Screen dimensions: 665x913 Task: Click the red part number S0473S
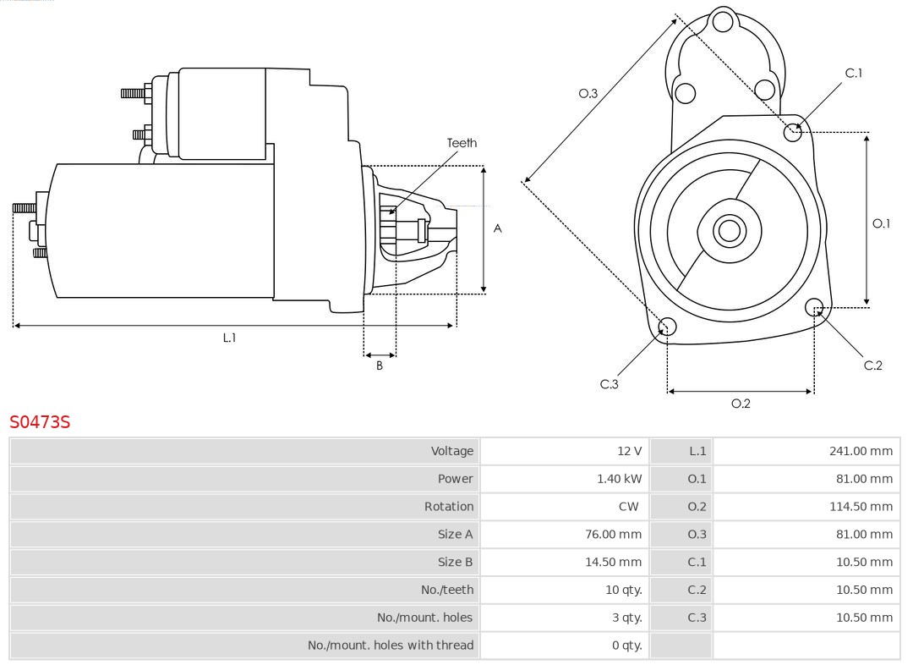(x=40, y=421)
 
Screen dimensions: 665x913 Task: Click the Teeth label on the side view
(x=462, y=143)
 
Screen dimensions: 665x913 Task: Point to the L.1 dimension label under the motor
(x=229, y=338)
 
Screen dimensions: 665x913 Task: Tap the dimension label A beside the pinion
(x=498, y=228)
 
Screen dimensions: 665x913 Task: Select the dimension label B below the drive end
(x=380, y=366)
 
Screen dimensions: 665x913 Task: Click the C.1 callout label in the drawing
(x=854, y=74)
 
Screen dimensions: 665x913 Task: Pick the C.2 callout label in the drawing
(x=872, y=365)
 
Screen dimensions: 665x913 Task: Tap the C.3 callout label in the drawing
(x=610, y=384)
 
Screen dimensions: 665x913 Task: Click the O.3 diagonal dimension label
(x=588, y=94)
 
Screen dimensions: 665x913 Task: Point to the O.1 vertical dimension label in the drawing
(x=881, y=224)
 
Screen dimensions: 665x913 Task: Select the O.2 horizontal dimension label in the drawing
(x=741, y=404)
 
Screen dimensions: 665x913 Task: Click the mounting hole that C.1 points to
(x=793, y=131)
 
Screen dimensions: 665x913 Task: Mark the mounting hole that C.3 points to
(x=667, y=327)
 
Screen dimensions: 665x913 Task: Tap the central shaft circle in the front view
(x=728, y=230)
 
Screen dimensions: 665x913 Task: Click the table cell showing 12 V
(x=629, y=451)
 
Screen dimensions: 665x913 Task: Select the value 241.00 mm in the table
(x=861, y=451)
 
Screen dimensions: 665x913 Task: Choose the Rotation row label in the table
(x=449, y=507)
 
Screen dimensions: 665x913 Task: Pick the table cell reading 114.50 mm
(x=861, y=507)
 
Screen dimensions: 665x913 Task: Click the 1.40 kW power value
(x=620, y=479)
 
